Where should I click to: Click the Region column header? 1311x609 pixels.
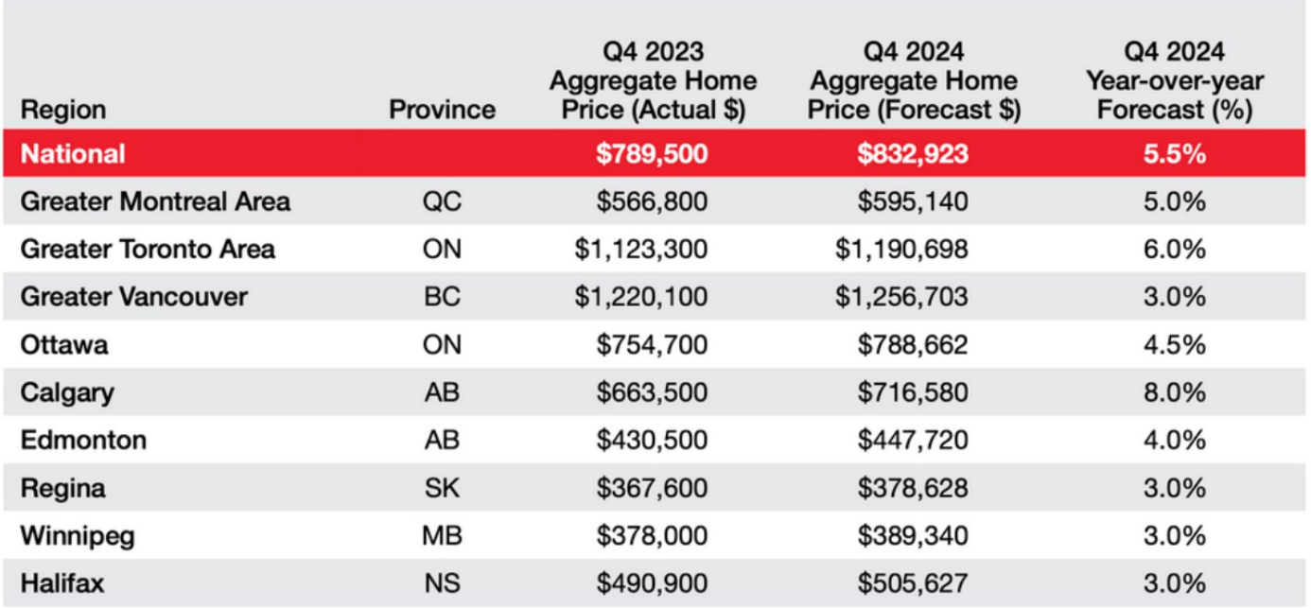(x=62, y=110)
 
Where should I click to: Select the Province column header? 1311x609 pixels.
(x=442, y=110)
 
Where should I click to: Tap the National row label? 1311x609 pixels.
(x=73, y=153)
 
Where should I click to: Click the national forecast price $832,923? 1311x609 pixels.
(x=913, y=153)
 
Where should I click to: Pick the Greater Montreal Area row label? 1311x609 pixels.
(x=155, y=201)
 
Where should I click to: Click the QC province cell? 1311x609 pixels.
(x=442, y=201)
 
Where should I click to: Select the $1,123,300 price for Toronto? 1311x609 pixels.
(x=640, y=250)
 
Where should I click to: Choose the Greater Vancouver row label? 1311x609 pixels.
(x=133, y=297)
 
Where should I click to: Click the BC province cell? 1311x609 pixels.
(x=442, y=297)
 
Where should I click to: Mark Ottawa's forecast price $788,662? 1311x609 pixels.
(x=913, y=345)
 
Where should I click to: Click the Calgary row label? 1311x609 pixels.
(x=67, y=392)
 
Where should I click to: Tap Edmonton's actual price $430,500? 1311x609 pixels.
(x=652, y=441)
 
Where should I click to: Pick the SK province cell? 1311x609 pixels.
(x=442, y=489)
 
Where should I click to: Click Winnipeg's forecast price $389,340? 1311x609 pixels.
(x=913, y=536)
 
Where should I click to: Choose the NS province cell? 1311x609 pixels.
(x=442, y=583)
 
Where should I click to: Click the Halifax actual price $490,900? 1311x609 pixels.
(x=652, y=583)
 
